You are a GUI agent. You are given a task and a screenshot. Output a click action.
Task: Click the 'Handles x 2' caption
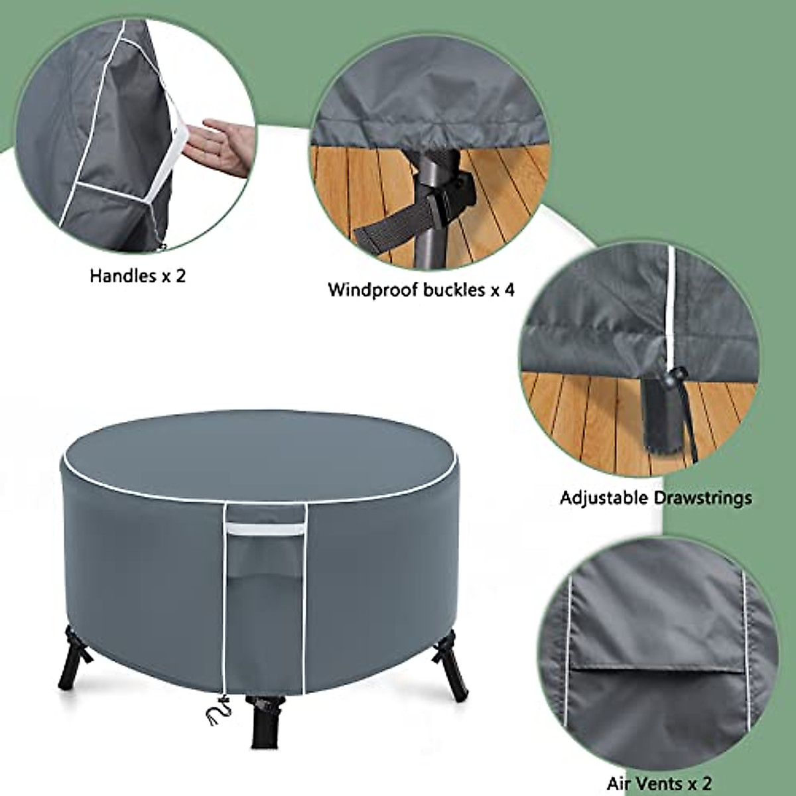(138, 275)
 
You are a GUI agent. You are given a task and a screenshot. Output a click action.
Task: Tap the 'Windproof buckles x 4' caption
(421, 290)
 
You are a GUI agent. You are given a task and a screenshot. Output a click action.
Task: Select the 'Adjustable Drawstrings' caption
(655, 497)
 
